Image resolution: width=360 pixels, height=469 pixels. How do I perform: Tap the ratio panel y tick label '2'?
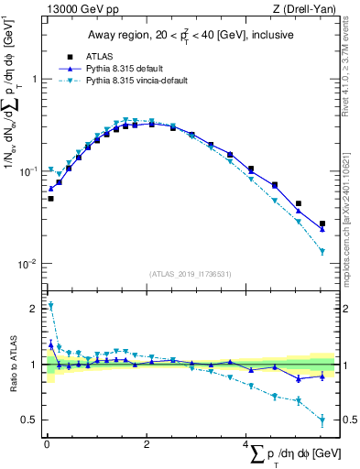coord(36,309)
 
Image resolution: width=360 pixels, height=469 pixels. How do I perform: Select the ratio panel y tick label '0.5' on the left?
coord(32,420)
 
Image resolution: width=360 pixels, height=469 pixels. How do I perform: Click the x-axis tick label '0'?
coord(47,444)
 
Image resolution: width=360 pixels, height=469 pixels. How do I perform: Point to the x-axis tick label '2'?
coord(147,444)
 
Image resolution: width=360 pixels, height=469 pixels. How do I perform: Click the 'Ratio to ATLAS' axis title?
coord(12,365)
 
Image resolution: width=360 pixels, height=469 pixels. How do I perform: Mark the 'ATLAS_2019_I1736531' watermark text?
coord(191,273)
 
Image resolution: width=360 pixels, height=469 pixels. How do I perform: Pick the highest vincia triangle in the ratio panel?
coord(50,306)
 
